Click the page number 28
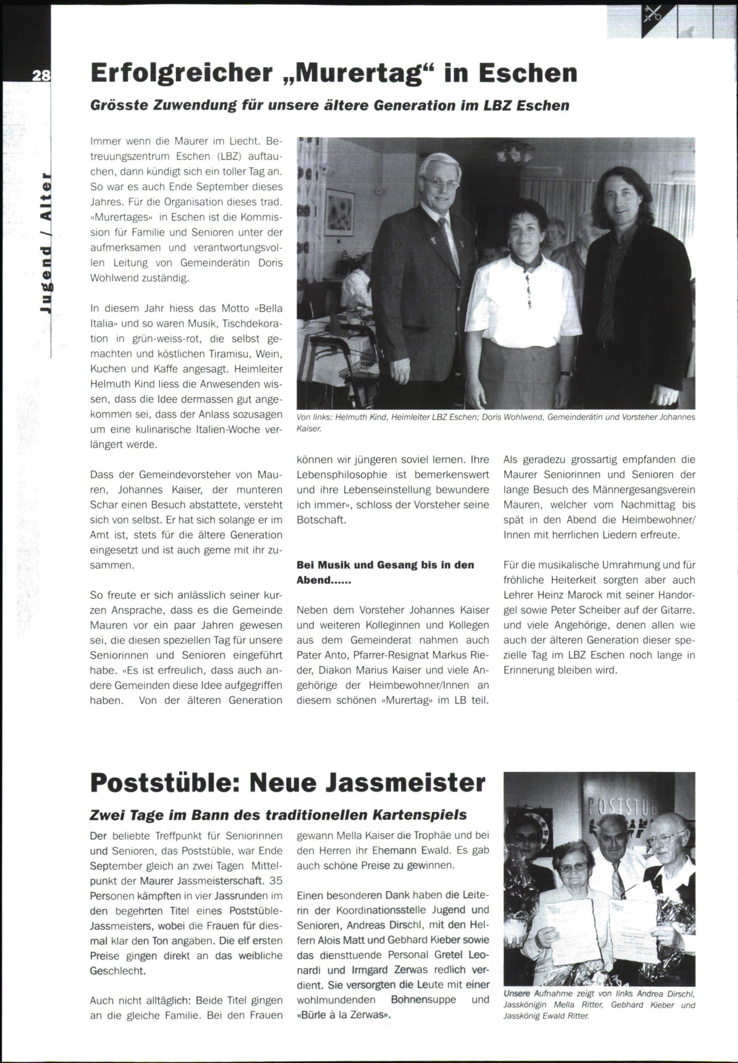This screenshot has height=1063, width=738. click(x=41, y=76)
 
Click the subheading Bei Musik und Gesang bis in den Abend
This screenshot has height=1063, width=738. click(x=385, y=572)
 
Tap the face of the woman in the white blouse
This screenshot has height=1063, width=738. click(x=525, y=228)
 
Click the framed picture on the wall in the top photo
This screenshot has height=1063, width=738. click(x=340, y=214)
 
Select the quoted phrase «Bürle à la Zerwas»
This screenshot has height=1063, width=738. click(x=344, y=1015)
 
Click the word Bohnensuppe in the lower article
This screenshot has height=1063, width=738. click(x=424, y=1000)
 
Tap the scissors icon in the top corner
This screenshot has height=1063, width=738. click(x=652, y=14)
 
